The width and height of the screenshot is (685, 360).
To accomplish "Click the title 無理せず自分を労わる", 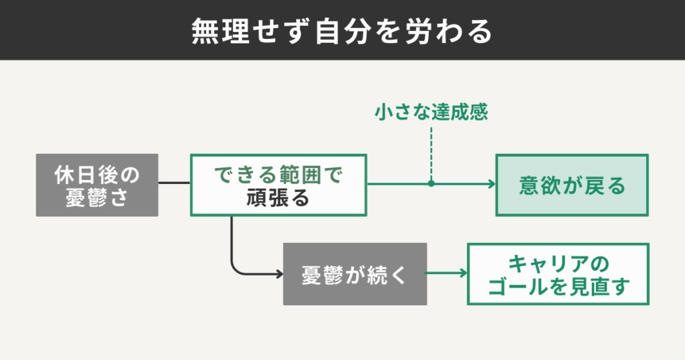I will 342,31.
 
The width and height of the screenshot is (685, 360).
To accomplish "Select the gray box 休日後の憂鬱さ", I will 97,185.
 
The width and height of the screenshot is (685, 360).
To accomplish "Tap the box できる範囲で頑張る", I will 278,185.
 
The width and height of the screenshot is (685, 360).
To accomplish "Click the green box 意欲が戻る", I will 572,185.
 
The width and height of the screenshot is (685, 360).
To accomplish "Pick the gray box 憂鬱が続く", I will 355,274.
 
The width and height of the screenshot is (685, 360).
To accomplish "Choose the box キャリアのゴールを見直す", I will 558,274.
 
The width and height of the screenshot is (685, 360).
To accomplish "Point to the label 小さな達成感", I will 431,112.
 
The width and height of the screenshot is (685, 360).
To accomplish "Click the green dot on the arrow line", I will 431,183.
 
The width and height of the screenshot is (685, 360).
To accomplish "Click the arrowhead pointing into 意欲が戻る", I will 491,183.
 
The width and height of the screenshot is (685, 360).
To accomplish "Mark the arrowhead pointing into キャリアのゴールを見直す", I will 463,274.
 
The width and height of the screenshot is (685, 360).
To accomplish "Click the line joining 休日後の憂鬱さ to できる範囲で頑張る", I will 174,183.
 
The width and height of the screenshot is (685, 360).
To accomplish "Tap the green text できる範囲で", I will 278,175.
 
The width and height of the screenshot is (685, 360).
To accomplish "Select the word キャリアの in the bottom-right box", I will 558,263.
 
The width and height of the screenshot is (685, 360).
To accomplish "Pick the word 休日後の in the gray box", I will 97,175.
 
